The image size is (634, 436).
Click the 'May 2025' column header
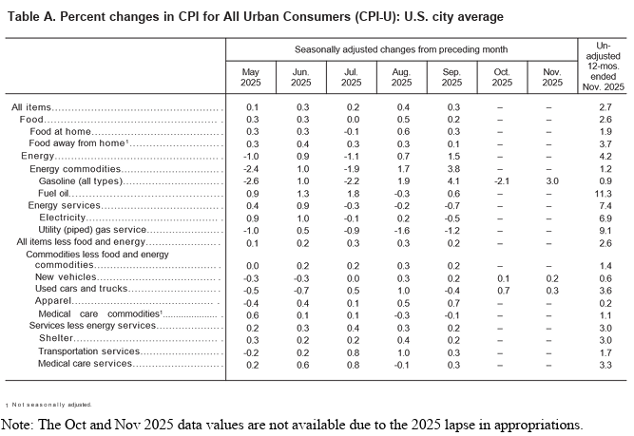(252, 79)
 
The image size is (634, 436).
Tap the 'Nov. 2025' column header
(548, 79)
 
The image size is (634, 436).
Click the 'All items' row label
(31, 107)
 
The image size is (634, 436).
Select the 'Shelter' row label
(54, 338)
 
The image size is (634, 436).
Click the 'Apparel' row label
(54, 302)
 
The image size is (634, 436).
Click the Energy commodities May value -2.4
(252, 167)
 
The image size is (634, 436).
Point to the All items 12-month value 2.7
(602, 107)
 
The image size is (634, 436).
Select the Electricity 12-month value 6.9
(602, 217)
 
